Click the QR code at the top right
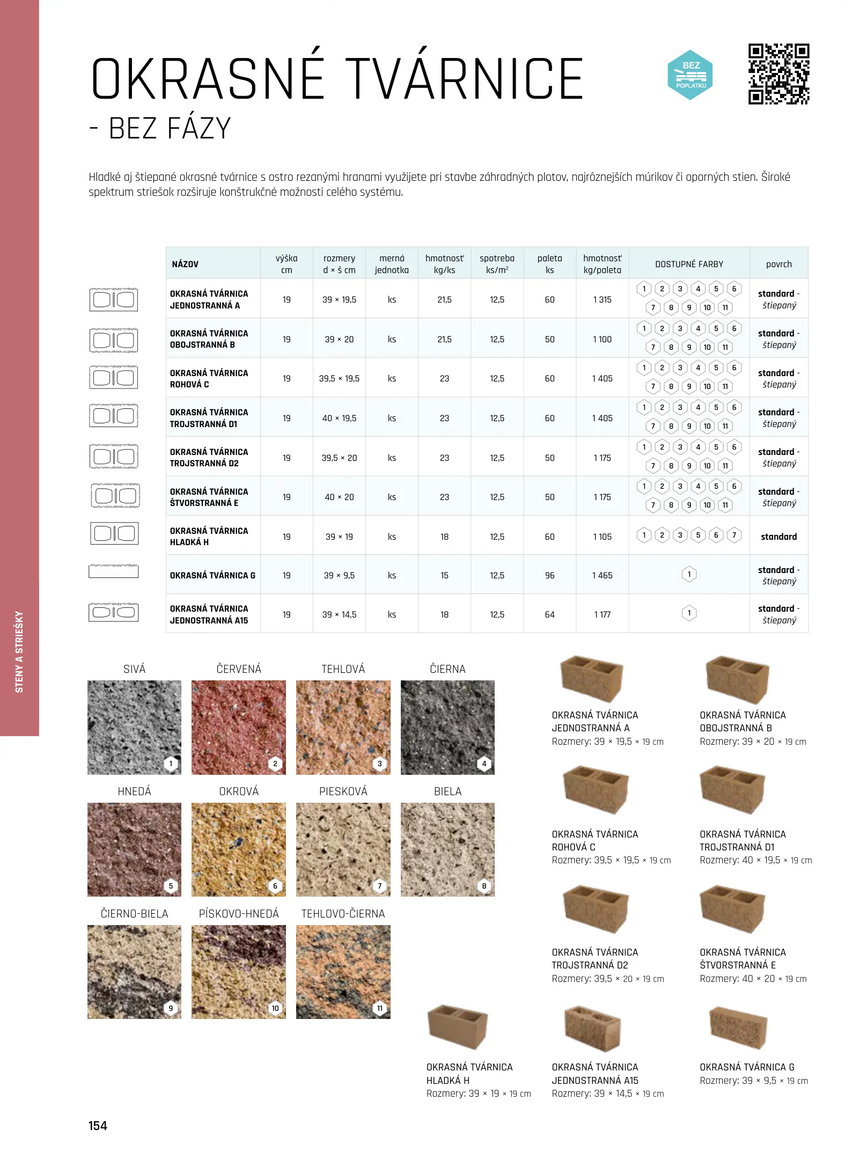click(x=779, y=74)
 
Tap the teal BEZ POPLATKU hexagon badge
click(x=691, y=75)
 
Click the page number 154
click(x=98, y=1125)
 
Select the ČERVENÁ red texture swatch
click(x=238, y=727)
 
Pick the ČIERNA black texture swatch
click(x=447, y=727)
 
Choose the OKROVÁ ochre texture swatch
click(x=238, y=849)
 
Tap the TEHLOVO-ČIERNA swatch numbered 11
click(x=343, y=972)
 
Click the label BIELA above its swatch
click(x=447, y=791)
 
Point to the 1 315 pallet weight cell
click(x=602, y=299)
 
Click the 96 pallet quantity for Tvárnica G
click(x=549, y=575)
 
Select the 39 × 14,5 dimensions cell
click(x=339, y=614)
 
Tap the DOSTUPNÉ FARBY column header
click(x=689, y=264)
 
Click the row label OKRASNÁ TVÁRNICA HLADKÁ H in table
click(x=209, y=536)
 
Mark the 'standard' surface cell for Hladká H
click(x=779, y=537)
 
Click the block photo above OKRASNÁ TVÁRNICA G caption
click(x=738, y=1028)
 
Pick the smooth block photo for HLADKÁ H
click(x=457, y=1026)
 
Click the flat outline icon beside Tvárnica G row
click(x=113, y=571)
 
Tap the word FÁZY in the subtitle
click(x=199, y=129)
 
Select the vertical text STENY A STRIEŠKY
click(x=19, y=651)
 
